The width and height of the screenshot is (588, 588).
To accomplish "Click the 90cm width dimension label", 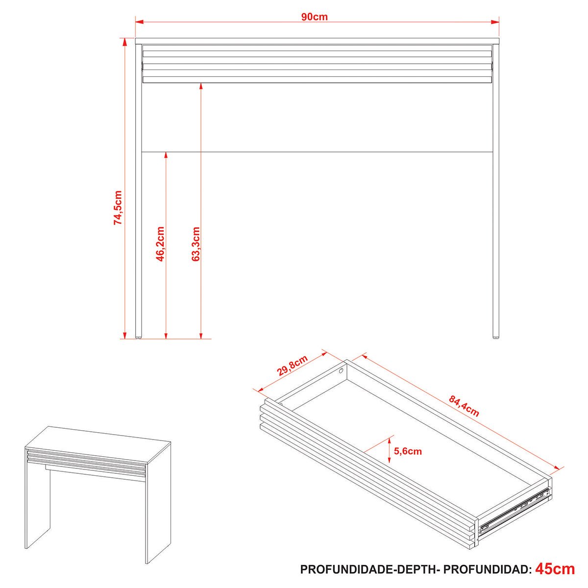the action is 314,17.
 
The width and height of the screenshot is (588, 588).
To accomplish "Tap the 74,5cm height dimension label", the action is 118,208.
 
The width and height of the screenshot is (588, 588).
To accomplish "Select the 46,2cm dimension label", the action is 160,244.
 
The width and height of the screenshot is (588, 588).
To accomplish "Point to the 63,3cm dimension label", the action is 196,244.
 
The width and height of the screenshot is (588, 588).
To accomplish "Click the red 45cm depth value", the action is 555,569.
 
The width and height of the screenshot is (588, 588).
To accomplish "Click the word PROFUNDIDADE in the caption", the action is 349,569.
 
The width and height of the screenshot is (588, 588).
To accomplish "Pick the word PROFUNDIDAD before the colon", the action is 486,569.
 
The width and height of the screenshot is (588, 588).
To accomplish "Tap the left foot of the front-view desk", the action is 139,338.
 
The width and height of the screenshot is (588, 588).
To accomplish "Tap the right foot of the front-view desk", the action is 496,338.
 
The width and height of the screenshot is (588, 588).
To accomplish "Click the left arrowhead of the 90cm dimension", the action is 139,22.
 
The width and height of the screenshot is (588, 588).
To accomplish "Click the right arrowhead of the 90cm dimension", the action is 495,22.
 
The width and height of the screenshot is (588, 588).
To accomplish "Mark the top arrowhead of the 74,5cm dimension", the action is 124,42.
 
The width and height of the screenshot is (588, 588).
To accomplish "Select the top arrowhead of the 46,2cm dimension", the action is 166,155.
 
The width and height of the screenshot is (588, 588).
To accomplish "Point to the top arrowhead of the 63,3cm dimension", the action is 201,87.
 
